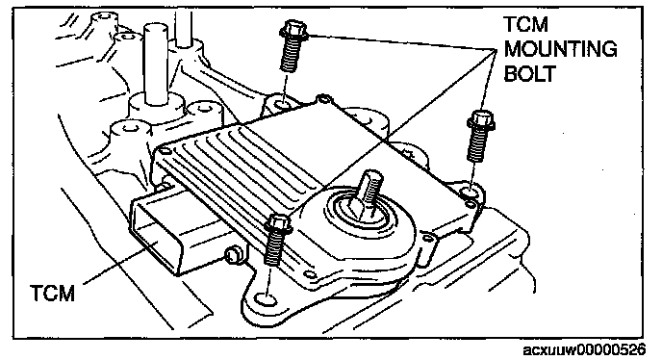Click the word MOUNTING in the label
point(560,49)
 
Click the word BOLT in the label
point(529,73)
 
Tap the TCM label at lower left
point(52,293)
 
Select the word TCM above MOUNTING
point(526,24)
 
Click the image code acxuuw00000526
point(584,349)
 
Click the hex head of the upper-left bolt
point(293,30)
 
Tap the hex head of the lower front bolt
point(278,224)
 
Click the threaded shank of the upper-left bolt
point(290,56)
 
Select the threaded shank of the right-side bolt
point(477,145)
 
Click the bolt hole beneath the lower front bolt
point(267,299)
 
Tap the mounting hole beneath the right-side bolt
point(470,193)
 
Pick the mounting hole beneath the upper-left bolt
point(282,103)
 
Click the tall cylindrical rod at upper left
point(155,64)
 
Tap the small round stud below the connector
point(232,255)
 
